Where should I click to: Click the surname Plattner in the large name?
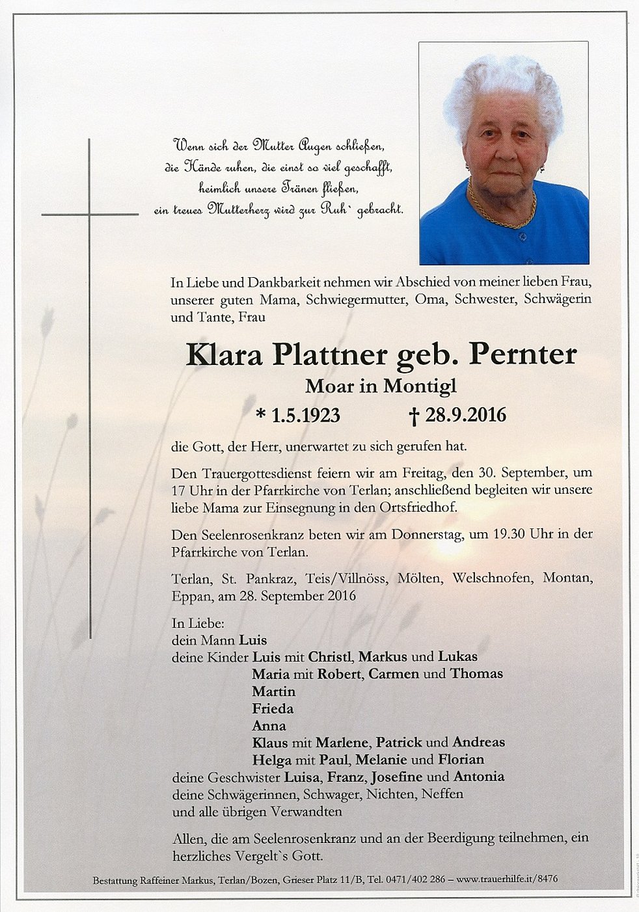click(x=330, y=355)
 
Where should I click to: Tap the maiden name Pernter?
click(x=523, y=355)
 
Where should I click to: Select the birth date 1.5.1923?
click(x=305, y=415)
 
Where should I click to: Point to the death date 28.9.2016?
click(x=465, y=415)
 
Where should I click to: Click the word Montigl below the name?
click(x=420, y=386)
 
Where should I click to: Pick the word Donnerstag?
click(x=427, y=534)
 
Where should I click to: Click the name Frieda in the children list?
click(x=273, y=708)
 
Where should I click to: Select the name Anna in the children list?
click(x=269, y=725)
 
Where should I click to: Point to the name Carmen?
click(x=394, y=674)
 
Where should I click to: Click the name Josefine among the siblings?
click(x=396, y=777)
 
